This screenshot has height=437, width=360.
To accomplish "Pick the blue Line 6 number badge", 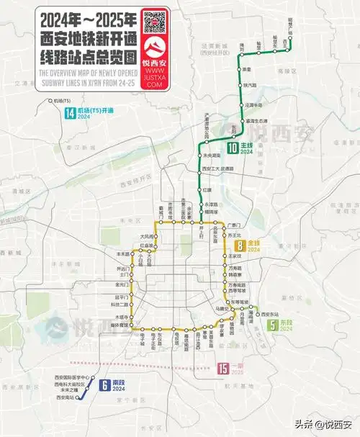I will [106, 385].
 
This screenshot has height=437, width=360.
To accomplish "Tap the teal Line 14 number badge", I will [70, 113].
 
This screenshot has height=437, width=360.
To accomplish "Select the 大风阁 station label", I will [146, 235].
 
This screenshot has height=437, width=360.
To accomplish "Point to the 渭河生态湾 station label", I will [257, 120].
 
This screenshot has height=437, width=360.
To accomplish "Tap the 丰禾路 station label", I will [122, 254].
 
